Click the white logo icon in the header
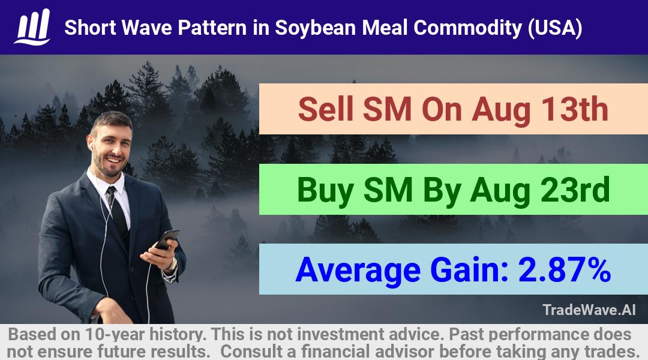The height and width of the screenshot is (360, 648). coord(32,27)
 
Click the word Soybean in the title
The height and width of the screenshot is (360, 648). coord(315,28)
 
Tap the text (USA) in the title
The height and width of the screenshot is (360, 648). coord(555,28)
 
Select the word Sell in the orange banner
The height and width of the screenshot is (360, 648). coord(326,109)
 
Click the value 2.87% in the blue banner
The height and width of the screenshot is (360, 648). coord(565,269)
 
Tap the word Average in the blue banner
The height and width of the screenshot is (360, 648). coord(358,271)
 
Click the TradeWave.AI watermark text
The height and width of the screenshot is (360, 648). coord(589,310)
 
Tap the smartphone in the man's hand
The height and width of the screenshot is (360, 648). coord(167,240)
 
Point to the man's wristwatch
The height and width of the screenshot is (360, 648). coord(172,264)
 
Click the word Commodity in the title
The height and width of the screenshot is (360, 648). coord(467,28)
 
